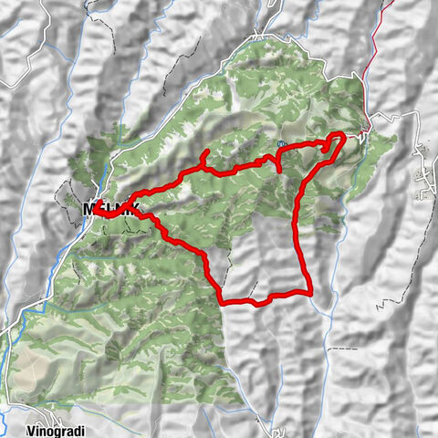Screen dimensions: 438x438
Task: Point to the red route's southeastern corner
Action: [x=312, y=291]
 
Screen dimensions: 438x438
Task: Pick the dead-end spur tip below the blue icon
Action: [x=277, y=171]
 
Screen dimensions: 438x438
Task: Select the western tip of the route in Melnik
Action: [x=94, y=206]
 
